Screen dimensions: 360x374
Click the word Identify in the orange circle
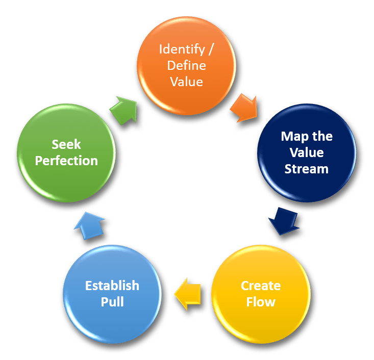pyautogui.click(x=179, y=49)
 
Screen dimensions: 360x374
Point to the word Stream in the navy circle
pyautogui.click(x=307, y=168)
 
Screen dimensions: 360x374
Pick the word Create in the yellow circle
pyautogui.click(x=261, y=285)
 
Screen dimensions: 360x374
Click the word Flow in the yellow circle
pyautogui.click(x=261, y=302)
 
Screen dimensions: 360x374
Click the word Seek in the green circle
pyautogui.click(x=66, y=144)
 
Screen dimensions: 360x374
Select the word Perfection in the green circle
pyautogui.click(x=66, y=161)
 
